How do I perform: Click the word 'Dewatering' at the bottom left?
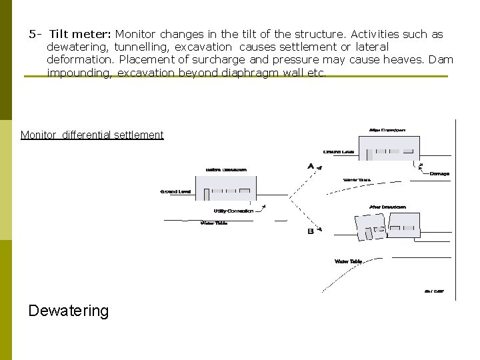68,311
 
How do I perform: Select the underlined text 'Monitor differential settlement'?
92,135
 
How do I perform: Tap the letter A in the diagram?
311,166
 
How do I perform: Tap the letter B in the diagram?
311,231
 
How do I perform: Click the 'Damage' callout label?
439,173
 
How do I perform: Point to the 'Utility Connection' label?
233,211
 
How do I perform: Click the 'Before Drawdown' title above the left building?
227,169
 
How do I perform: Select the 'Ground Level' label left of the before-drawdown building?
175,191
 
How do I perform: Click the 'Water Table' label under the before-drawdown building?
214,223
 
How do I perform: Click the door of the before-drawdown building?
207,195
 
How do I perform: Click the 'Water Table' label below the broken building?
348,261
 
